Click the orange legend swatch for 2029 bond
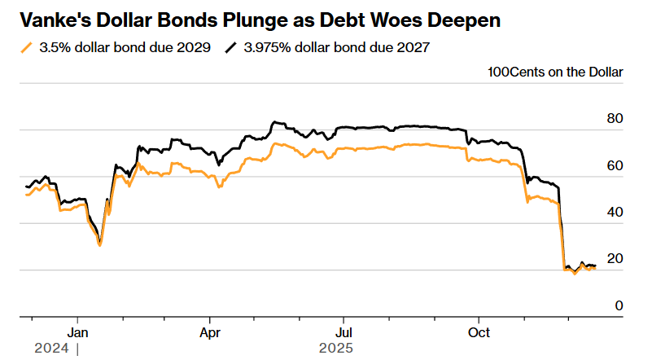(27, 48)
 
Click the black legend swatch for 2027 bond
(231, 48)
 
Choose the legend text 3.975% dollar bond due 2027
(336, 48)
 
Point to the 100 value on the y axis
(499, 72)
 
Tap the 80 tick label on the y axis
(615, 119)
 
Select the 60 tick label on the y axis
(615, 165)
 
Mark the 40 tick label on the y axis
(615, 212)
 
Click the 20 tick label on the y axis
(615, 258)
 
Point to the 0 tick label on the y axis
(619, 305)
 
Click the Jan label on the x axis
(77, 332)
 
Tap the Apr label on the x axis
(211, 332)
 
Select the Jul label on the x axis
(344, 332)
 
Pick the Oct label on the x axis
(479, 332)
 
